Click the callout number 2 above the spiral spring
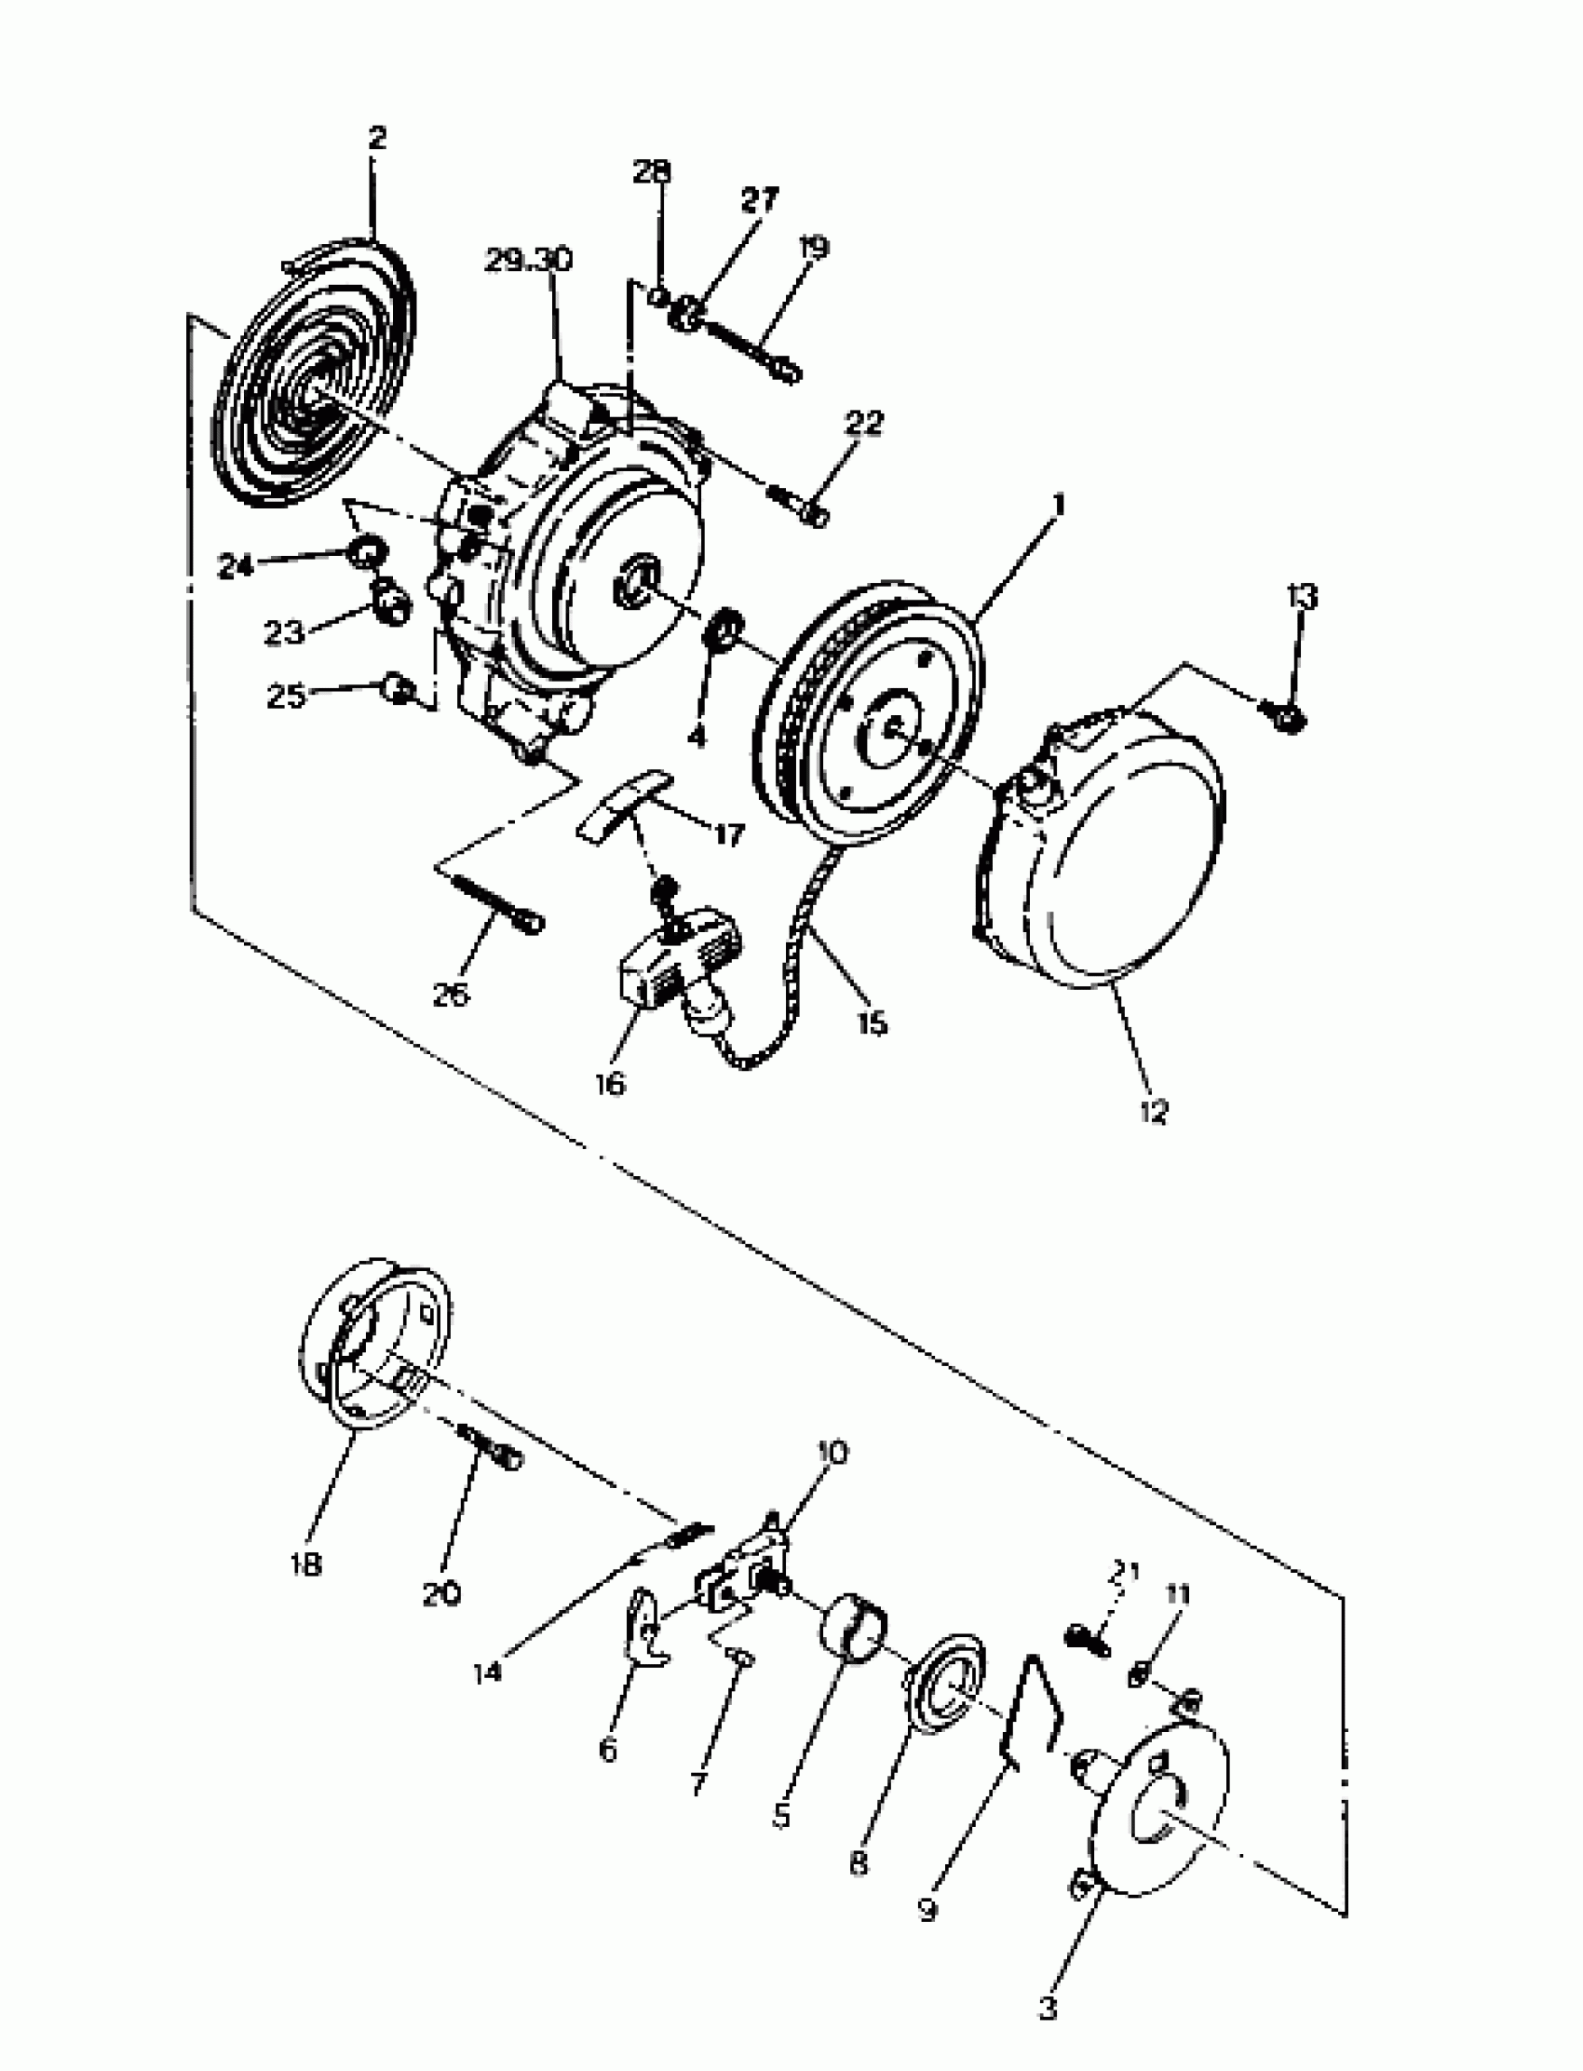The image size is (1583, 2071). [377, 139]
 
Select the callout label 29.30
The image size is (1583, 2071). [530, 261]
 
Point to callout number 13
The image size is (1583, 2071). [1302, 596]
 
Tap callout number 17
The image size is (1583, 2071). [728, 833]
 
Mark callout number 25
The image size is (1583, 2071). [287, 697]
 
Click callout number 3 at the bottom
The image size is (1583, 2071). [1048, 2008]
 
